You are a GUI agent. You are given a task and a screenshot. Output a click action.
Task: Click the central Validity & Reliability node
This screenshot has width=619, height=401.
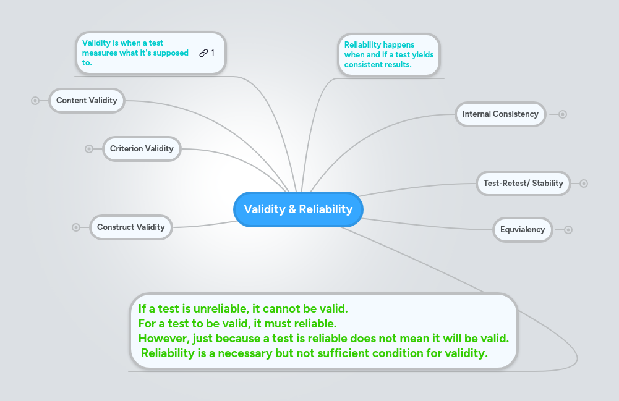coord(298,209)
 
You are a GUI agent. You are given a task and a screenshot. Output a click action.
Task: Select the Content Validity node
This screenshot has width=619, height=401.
coord(87,101)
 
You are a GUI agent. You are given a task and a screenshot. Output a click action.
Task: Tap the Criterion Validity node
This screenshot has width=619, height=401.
coord(142,149)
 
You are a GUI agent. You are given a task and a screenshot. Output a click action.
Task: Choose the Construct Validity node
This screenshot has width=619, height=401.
coord(130,227)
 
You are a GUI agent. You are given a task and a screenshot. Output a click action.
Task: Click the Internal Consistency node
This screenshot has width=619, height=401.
coord(500,114)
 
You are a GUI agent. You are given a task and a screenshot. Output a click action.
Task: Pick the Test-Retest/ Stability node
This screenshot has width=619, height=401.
coord(523,184)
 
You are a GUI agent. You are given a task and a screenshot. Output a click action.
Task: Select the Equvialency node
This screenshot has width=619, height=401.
coord(523,230)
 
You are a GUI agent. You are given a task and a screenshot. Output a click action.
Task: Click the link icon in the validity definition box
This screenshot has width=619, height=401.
coord(203,53)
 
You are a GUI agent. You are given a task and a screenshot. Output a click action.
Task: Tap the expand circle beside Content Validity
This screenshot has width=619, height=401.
coord(35,101)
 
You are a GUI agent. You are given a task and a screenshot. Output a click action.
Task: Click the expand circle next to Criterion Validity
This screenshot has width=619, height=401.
coord(89,149)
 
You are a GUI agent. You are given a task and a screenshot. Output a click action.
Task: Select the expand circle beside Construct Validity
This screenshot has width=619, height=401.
coord(76,227)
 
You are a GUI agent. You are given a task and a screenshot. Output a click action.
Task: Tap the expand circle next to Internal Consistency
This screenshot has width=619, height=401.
coord(563,114)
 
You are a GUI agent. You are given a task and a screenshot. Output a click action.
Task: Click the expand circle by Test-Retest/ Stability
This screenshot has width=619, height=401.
coord(584,184)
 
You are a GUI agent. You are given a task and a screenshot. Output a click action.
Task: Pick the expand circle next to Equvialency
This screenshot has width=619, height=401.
coord(568,230)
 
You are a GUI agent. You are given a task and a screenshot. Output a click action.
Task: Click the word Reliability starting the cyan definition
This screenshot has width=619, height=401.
coord(362,45)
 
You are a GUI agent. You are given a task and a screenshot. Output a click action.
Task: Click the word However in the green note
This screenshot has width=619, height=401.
coord(163,339)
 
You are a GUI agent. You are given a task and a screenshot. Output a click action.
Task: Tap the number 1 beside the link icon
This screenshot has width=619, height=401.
coord(213,53)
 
